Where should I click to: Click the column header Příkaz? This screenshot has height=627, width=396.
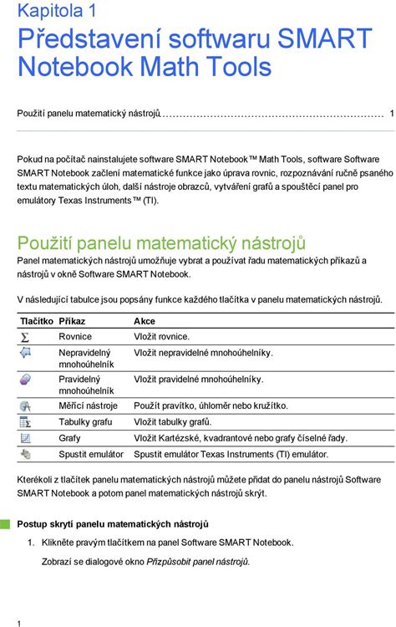click(72, 321)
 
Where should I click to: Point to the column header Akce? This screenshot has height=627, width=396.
click(145, 321)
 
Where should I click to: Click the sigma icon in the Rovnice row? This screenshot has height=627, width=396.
click(25, 337)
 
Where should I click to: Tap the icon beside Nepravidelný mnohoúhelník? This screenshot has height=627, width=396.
click(25, 354)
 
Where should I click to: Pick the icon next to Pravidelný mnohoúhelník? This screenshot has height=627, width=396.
click(25, 380)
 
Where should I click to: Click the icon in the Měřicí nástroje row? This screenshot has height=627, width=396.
click(25, 406)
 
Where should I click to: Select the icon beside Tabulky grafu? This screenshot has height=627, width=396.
click(25, 422)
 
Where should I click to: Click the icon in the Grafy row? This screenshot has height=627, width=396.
click(25, 438)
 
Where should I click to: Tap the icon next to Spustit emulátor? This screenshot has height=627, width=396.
click(25, 454)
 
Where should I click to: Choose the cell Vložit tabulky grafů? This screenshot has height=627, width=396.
click(173, 422)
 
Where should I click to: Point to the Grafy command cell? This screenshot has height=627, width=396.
click(69, 438)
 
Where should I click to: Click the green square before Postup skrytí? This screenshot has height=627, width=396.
click(6, 523)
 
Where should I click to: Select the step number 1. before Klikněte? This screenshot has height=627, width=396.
click(31, 543)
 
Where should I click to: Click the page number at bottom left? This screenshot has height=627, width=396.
click(18, 622)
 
